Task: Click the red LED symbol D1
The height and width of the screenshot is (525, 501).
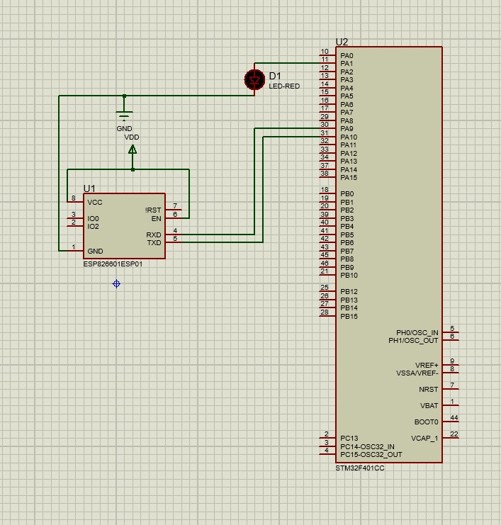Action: (254, 79)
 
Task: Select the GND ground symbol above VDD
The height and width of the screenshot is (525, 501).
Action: (125, 115)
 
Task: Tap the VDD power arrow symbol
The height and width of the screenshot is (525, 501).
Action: (133, 149)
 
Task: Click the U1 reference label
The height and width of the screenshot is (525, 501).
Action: (89, 188)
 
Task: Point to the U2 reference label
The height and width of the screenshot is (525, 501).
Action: (342, 42)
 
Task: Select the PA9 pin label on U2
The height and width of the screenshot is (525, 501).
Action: (347, 129)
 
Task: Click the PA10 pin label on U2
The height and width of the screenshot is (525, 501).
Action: (349, 137)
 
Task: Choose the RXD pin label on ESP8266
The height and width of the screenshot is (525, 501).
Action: (154, 235)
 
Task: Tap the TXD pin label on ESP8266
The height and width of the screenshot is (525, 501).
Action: (154, 243)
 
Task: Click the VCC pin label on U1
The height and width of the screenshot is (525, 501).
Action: (95, 202)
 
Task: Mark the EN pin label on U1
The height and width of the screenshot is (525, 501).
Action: (157, 218)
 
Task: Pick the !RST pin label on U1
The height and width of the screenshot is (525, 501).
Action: (154, 210)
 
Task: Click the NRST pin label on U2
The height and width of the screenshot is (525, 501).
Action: (429, 390)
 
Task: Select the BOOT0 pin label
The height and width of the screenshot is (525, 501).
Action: (427, 422)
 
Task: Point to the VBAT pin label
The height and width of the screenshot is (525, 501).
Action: (429, 406)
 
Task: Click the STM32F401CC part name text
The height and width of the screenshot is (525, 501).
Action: (360, 469)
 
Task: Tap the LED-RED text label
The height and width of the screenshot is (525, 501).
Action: (284, 86)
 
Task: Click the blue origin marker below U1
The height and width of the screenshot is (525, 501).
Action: (117, 284)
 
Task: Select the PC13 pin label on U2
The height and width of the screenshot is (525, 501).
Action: (349, 438)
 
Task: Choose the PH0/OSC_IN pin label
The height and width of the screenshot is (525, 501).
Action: (417, 332)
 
